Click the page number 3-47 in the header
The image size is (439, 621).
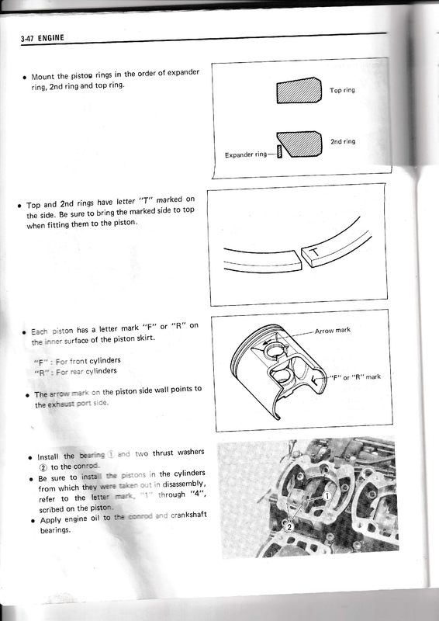30,37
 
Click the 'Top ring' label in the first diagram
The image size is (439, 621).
342,91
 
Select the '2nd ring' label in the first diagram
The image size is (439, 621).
342,143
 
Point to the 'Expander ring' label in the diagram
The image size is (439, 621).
245,154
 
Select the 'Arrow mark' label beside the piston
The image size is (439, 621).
334,330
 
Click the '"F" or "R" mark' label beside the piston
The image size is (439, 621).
355,377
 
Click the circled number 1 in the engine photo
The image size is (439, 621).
327,494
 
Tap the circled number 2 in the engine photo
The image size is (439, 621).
289,526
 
